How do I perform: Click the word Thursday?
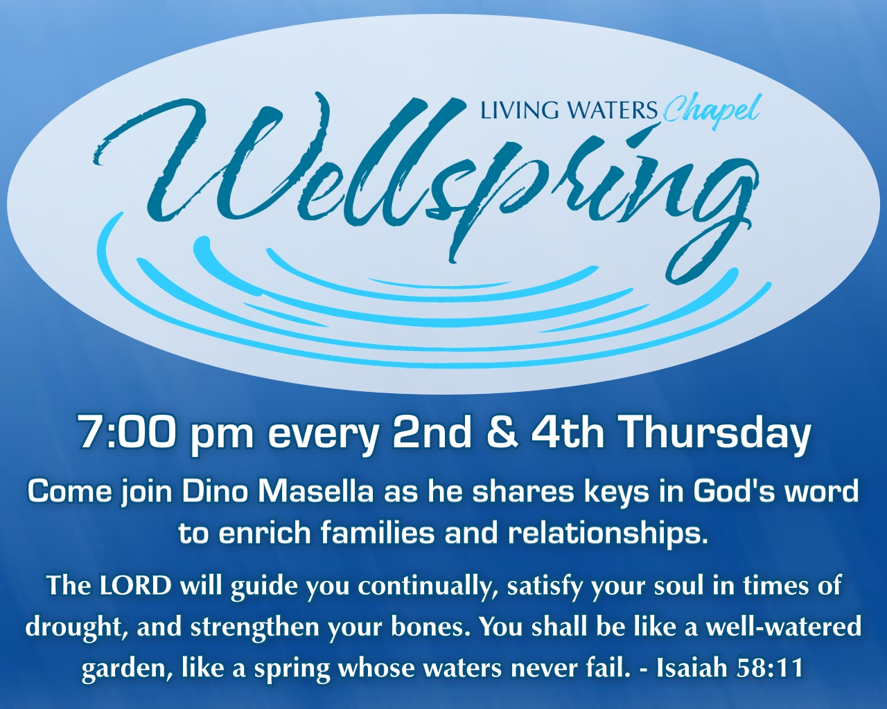pos(714,432)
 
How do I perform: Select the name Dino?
pos(217,492)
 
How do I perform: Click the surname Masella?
pos(316,492)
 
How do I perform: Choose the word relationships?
pos(608,533)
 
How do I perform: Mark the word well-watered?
pos(784,627)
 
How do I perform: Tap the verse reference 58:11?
pos(770,668)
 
